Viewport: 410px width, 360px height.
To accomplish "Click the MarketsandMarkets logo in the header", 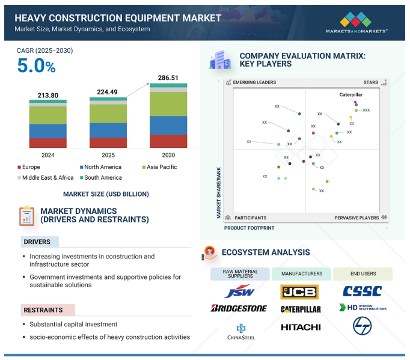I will (356, 22).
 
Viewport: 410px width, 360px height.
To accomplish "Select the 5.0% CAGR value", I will (36, 66).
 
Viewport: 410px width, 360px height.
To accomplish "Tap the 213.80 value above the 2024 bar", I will (47, 95).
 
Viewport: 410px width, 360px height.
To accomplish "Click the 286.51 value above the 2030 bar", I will (168, 78).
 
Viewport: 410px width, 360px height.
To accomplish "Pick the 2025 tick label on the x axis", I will (108, 155).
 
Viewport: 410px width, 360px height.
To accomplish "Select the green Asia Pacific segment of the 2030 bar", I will (168, 104).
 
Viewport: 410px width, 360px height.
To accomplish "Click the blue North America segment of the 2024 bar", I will (48, 131).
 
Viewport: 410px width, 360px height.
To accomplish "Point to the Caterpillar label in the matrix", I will (351, 94).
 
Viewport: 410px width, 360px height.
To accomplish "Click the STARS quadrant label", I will (370, 82).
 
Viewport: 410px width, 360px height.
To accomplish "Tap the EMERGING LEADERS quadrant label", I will (254, 82).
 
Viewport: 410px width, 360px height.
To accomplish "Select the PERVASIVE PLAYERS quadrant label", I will (356, 218).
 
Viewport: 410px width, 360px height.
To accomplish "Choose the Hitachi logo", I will (301, 328).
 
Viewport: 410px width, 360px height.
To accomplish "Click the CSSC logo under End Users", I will (362, 292).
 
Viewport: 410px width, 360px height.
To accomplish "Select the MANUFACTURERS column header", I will (301, 273).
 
